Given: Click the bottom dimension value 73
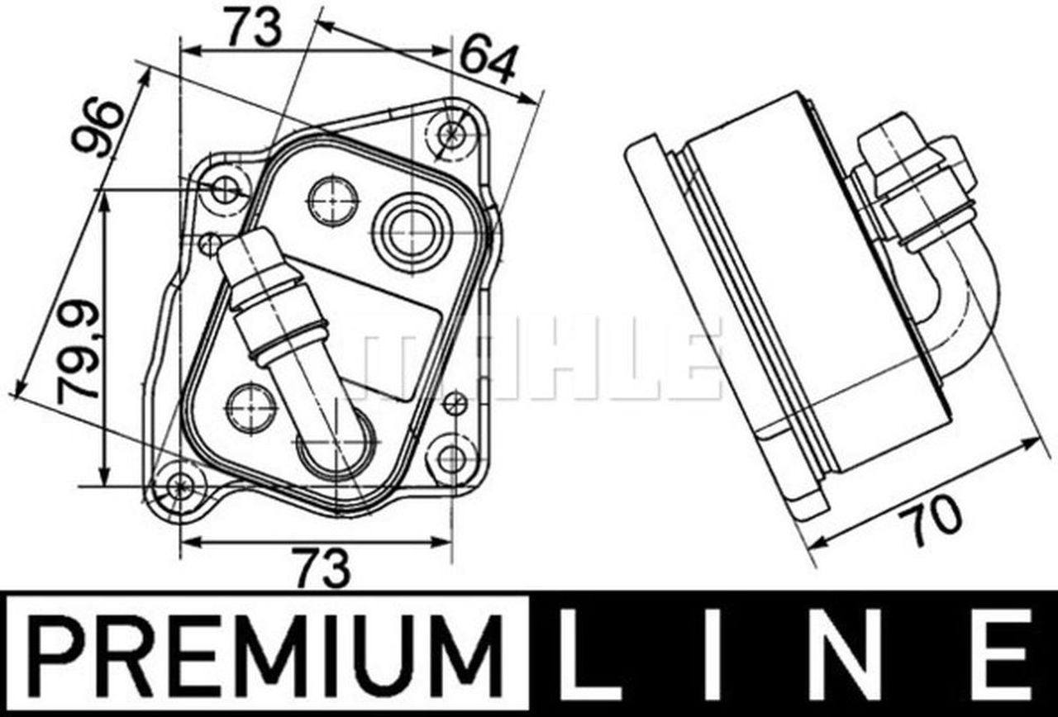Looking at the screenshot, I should [323, 569].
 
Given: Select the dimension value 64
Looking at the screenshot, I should [488, 61].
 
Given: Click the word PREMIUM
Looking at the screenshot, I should [265, 655].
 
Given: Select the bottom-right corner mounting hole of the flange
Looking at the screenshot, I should [451, 459].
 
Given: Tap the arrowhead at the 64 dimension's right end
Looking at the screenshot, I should [533, 101].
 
